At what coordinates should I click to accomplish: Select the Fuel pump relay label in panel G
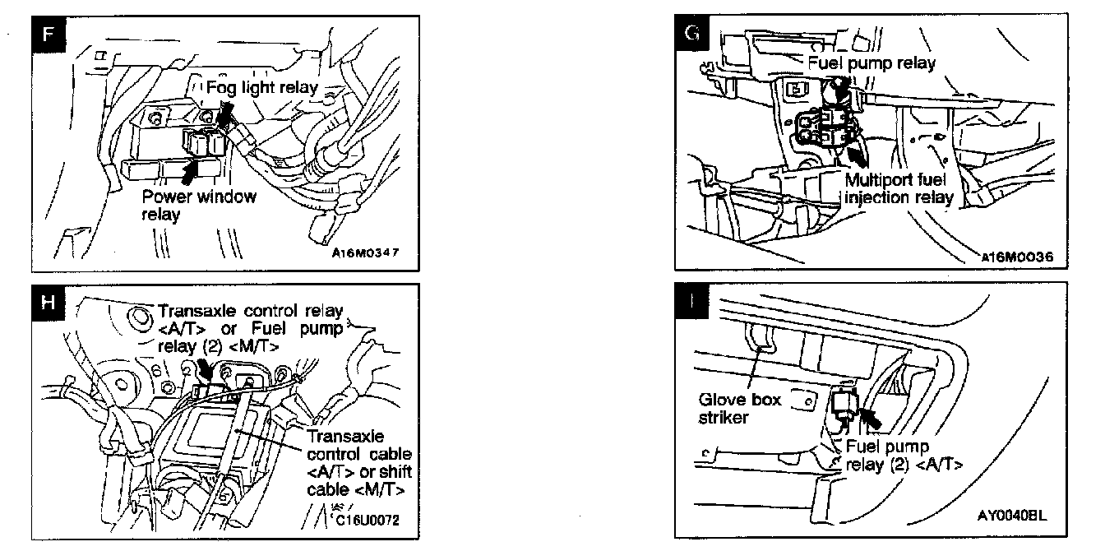pyautogui.click(x=872, y=63)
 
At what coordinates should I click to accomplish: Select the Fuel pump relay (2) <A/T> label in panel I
pyautogui.click(x=904, y=456)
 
